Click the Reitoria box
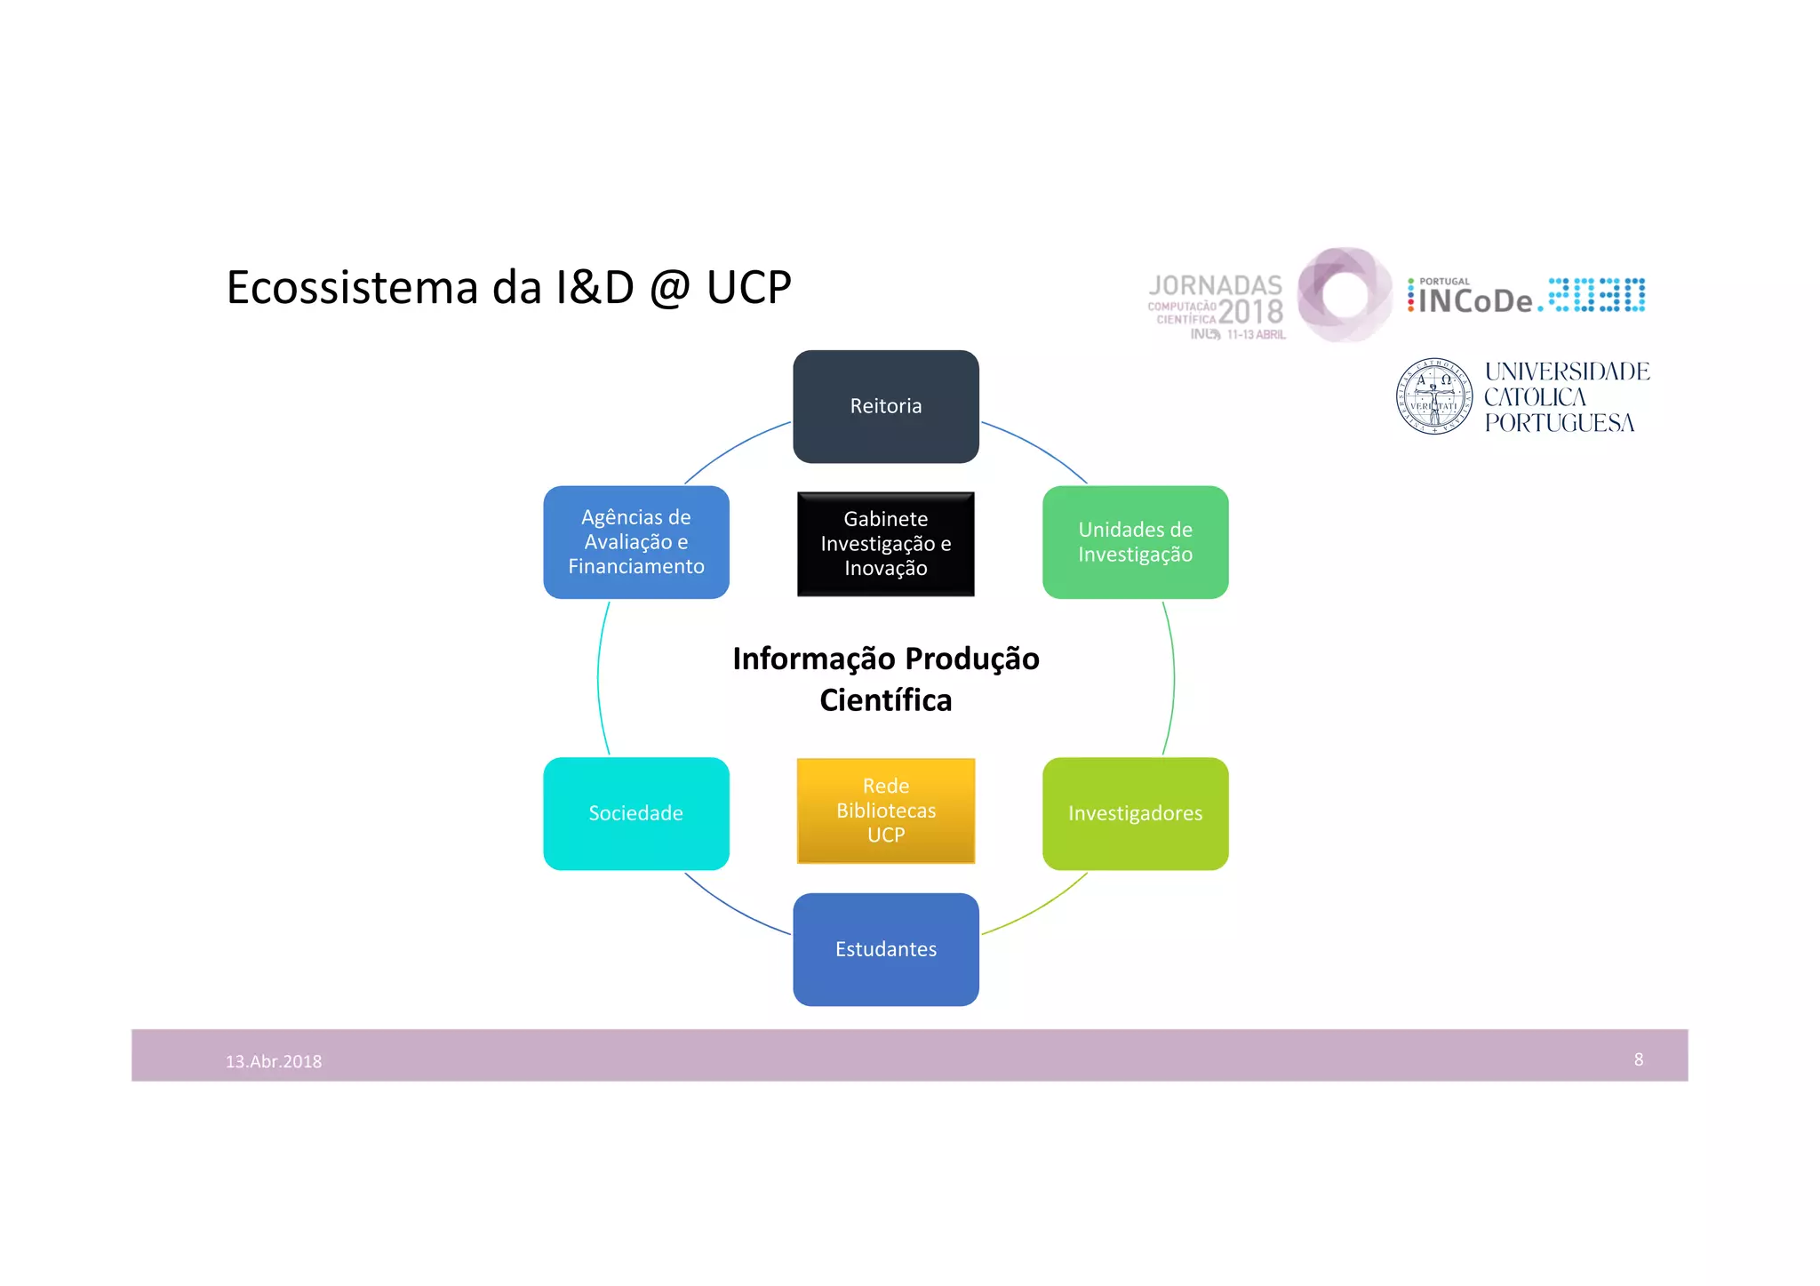pos(885,406)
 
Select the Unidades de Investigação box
pos(1135,542)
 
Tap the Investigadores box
pos(1135,813)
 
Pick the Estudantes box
pos(885,949)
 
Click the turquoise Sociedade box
pos(635,813)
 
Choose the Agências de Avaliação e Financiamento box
pos(635,542)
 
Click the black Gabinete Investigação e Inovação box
pos(885,543)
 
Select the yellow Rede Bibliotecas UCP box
pos(885,810)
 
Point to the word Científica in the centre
pos(885,700)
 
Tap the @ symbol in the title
pos(670,288)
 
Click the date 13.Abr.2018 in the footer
pos(274,1061)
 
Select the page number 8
pos(1638,1059)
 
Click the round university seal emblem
pos(1433,396)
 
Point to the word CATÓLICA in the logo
pos(1535,397)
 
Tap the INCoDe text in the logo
pos(1475,301)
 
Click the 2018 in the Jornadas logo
pos(1250,311)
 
